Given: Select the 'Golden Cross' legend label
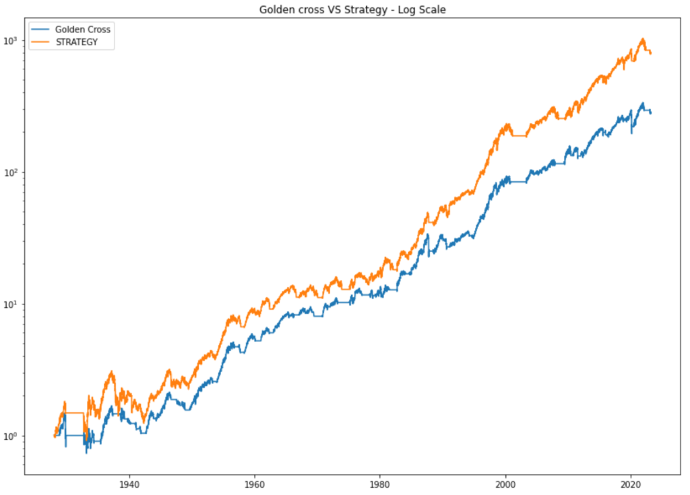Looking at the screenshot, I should [82, 30].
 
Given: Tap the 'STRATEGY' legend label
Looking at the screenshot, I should [76, 42].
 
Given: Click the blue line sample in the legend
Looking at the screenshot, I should [42, 30].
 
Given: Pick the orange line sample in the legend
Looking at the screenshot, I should [42, 42].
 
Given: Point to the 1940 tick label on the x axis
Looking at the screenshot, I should [129, 483].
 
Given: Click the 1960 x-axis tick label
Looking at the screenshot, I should [254, 483].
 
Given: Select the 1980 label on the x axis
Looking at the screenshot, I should [380, 483].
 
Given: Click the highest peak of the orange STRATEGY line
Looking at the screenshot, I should [643, 39].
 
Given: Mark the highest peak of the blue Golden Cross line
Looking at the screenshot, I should [643, 103].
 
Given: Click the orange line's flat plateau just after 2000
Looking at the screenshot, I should [519, 136].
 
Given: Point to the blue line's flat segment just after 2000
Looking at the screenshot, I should [519, 182].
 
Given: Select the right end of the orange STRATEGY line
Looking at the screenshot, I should [651, 53].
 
